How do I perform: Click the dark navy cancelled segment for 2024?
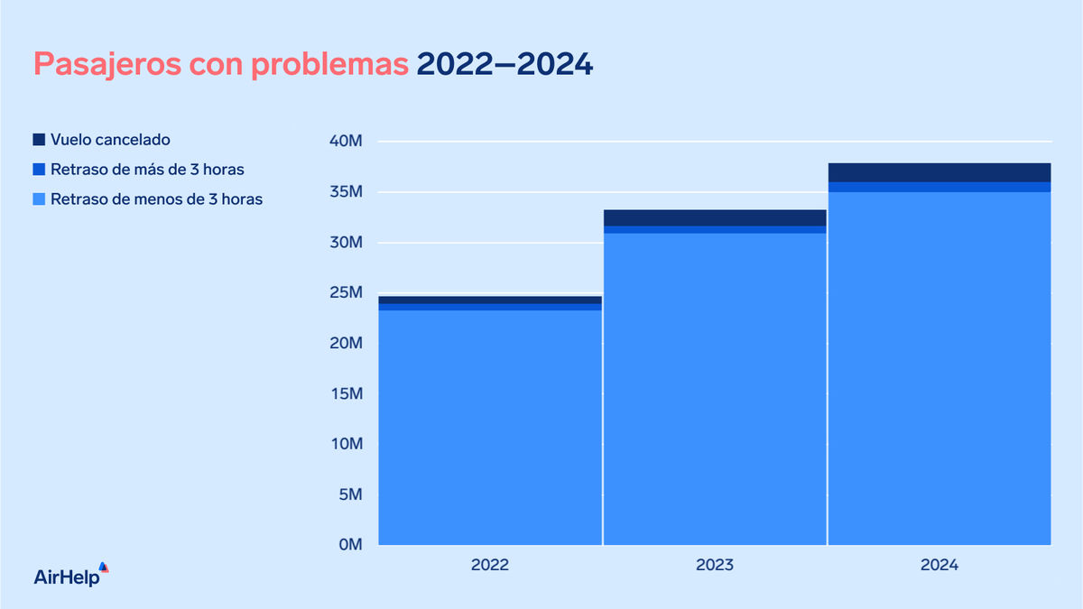(940, 172)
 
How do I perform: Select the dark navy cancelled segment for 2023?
(715, 217)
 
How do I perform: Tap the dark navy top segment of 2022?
(490, 300)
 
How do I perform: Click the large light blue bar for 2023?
(715, 389)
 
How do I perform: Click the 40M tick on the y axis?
(346, 142)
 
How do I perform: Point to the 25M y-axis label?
(346, 293)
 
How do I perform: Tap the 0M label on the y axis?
(350, 545)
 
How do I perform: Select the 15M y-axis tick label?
(346, 394)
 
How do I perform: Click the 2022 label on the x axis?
(490, 566)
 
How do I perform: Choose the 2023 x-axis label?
(715, 566)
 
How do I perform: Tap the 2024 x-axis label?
(940, 566)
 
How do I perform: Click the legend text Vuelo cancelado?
(110, 140)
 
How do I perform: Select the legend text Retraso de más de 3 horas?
(147, 170)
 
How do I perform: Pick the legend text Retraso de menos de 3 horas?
(156, 199)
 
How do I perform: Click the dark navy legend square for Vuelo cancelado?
(39, 140)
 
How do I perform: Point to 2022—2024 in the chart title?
(504, 65)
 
